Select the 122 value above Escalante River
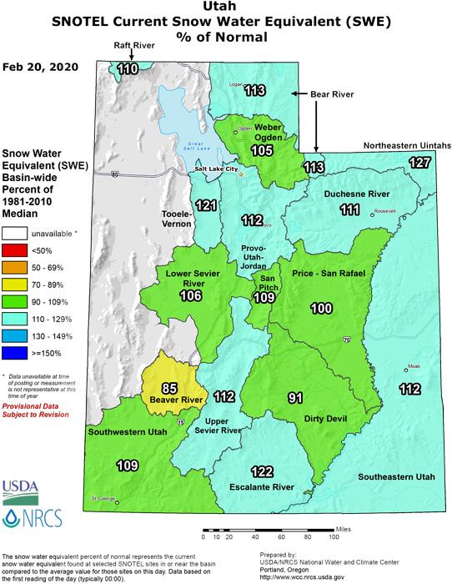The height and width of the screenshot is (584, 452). (262, 471)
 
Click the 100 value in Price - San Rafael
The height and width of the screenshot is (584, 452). (321, 309)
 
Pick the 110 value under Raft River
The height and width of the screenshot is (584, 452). (128, 69)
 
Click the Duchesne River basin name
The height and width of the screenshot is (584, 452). (350, 194)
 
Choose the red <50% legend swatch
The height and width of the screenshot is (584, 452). (15, 250)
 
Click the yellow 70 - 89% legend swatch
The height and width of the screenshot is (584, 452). (15, 284)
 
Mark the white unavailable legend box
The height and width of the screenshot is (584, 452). (15, 234)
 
